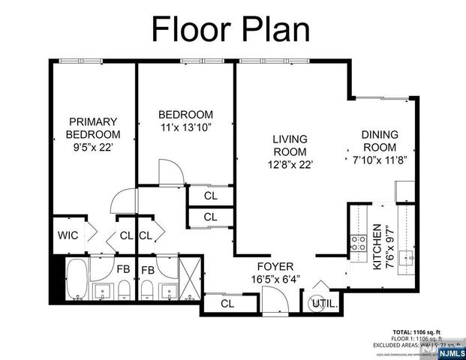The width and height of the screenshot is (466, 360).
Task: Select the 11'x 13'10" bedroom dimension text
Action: (185, 127)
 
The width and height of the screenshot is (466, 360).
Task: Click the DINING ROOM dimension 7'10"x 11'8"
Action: (380, 159)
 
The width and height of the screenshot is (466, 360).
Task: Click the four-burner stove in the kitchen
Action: (358, 243)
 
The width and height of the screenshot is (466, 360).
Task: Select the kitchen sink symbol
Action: (407, 258)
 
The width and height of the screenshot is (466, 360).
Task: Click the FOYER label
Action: (275, 267)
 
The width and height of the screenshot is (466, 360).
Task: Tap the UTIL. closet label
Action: (325, 304)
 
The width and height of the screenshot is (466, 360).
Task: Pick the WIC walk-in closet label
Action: (68, 235)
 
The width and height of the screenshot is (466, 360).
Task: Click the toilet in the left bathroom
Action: (124, 289)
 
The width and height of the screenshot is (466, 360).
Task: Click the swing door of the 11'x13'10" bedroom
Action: (170, 171)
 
